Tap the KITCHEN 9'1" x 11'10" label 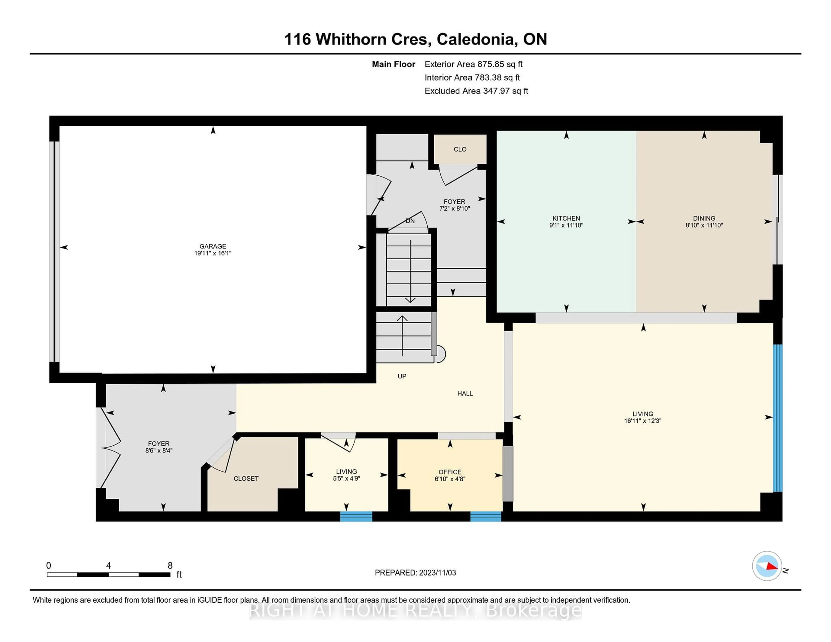point(566,221)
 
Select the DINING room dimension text point(704,225)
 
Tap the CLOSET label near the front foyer point(246,478)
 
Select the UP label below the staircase point(402,376)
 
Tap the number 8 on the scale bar point(170,566)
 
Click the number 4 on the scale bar point(108,566)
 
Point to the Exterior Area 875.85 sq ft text point(473,64)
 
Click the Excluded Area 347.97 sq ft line point(476,91)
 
